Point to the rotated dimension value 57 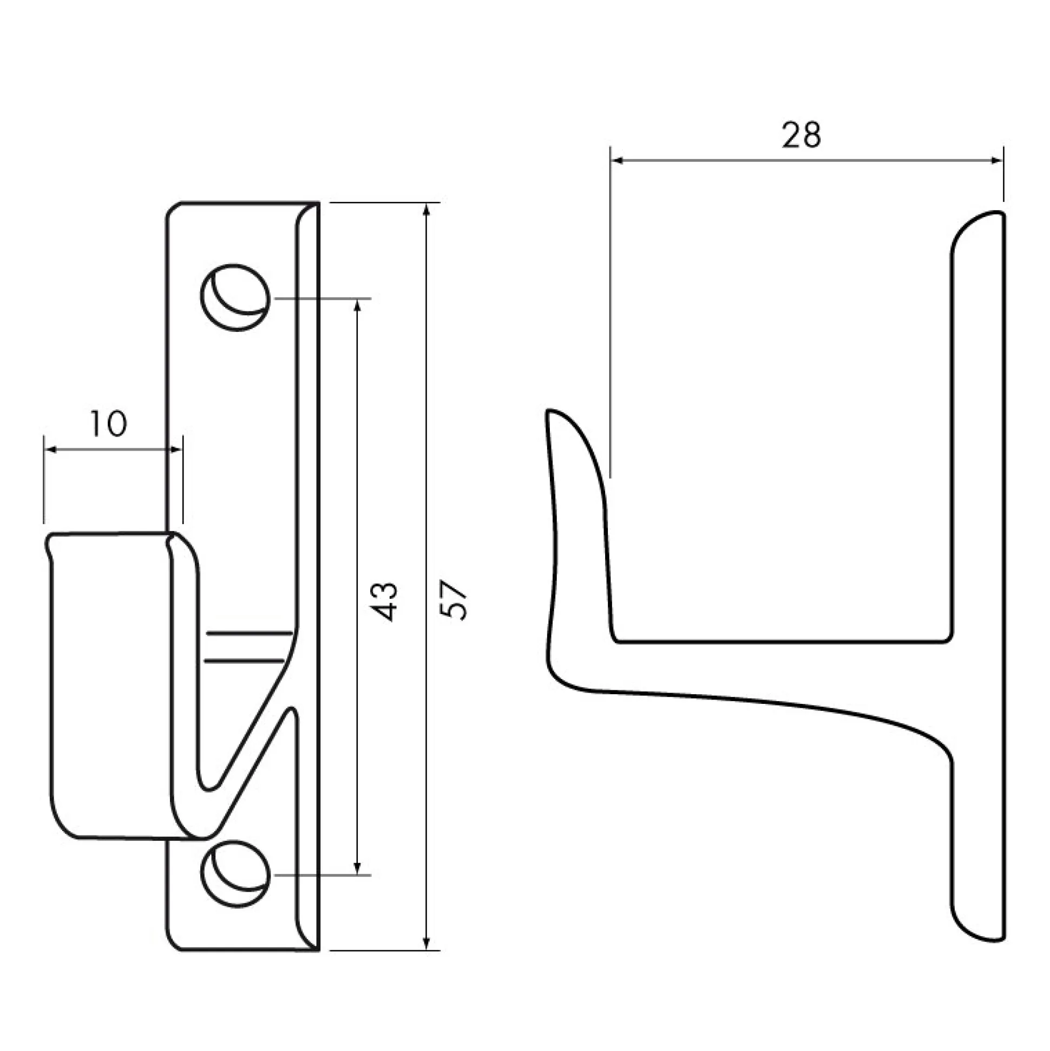coord(454,602)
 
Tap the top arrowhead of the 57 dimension coord(427,210)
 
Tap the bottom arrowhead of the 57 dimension coord(427,942)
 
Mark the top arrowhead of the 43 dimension coord(357,306)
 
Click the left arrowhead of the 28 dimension coord(618,160)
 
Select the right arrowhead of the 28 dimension coord(996,160)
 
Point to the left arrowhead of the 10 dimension coord(51,449)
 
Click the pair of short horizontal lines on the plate coord(247,647)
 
